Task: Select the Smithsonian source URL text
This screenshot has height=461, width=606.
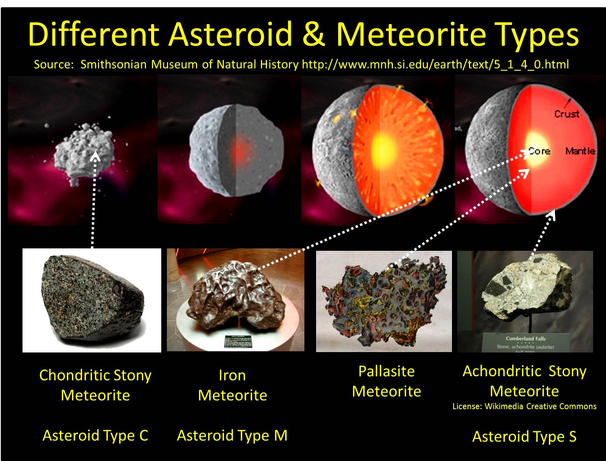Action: coord(435,64)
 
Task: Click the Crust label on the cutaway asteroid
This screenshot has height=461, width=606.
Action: coord(567,114)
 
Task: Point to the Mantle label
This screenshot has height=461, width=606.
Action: coord(580,151)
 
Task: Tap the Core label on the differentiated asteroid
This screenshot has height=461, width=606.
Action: coord(539,151)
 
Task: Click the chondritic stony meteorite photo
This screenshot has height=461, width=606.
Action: coord(92,300)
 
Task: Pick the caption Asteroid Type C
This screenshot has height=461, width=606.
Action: coord(95,435)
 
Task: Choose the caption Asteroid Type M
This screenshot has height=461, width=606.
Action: coord(232,435)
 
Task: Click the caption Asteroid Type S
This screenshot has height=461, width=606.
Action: coord(524,436)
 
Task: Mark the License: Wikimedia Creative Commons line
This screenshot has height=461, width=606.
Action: coord(524,406)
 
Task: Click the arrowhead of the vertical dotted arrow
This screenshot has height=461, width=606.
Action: coord(96,156)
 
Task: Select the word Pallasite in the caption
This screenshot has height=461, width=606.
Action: coord(386,371)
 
